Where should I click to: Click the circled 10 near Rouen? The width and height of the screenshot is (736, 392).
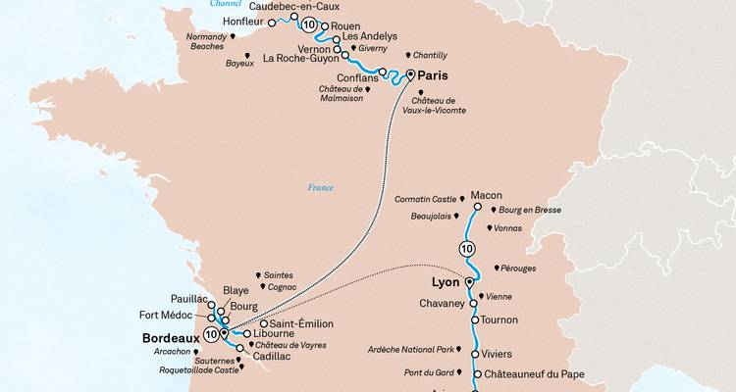pyautogui.click(x=310, y=24)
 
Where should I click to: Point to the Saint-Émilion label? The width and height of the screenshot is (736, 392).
pyautogui.click(x=303, y=323)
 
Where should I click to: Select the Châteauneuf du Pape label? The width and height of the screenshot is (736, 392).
pyautogui.click(x=533, y=374)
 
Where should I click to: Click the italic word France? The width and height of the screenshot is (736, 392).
pyautogui.click(x=321, y=187)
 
